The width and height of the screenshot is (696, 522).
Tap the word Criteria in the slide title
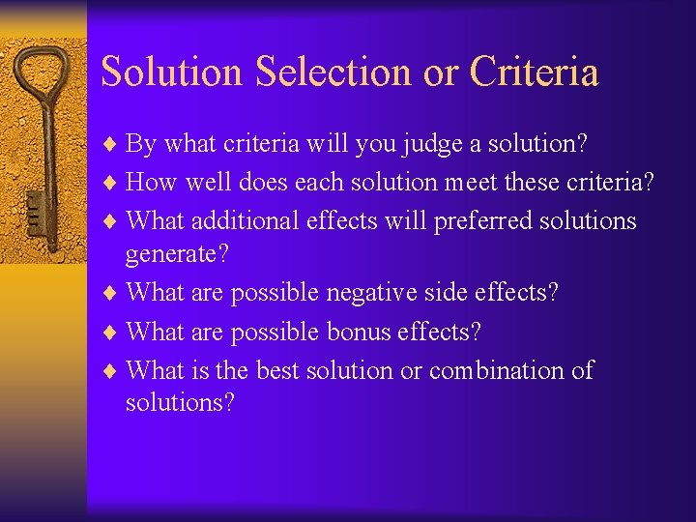[x=534, y=72]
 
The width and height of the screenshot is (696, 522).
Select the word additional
[x=246, y=220]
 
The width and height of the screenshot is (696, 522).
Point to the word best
[x=278, y=370]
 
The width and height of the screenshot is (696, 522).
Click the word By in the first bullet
[x=141, y=144]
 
